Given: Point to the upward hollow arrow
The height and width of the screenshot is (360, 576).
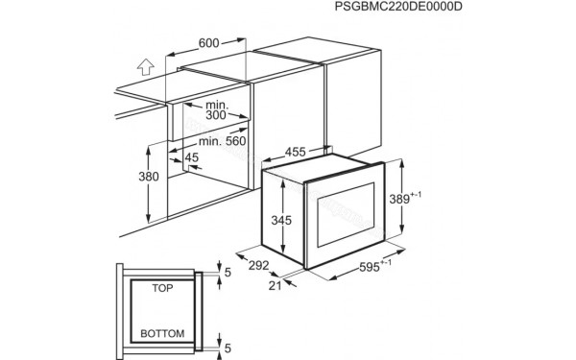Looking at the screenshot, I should coord(144,68).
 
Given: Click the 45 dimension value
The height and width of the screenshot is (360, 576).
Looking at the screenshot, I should coord(192,158).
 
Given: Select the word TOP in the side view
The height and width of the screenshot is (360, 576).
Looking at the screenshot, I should coord(163,286).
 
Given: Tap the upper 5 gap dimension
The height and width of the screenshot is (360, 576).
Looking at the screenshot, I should coord(227,274).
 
